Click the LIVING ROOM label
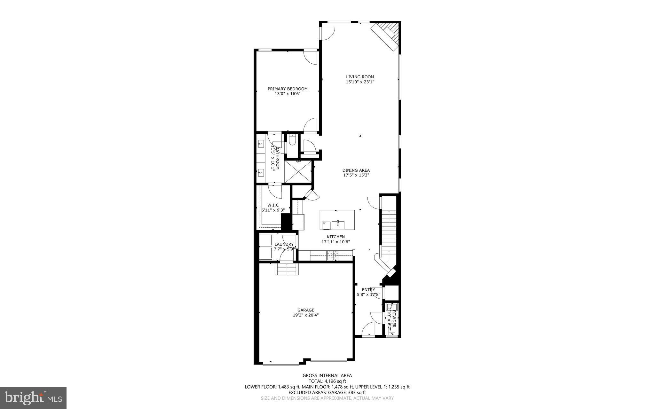[360, 77]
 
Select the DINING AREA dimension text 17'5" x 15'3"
[356, 175]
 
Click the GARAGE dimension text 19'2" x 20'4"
[306, 315]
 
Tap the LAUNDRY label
[284, 244]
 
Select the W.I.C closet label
[273, 205]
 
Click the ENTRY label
[368, 290]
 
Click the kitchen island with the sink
[337, 220]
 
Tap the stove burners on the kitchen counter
[332, 255]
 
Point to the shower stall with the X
[298, 172]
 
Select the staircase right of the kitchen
[388, 230]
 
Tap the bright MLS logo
[33, 398]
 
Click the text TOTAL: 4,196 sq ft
[327, 381]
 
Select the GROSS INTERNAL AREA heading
[327, 375]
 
